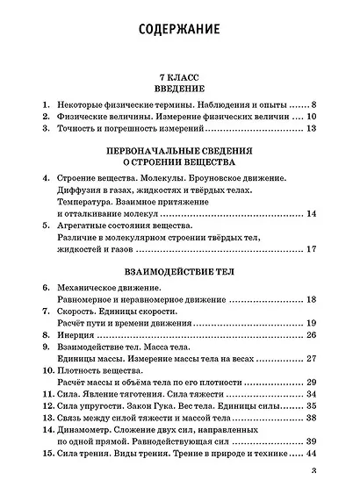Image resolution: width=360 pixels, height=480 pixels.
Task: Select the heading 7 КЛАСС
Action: (x=179, y=77)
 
